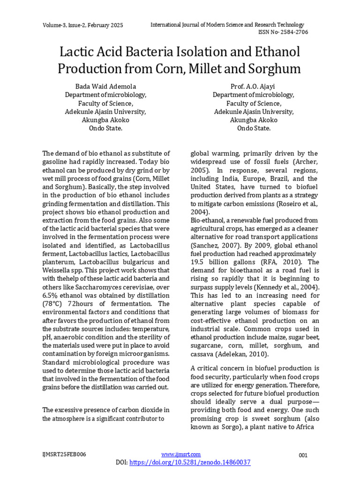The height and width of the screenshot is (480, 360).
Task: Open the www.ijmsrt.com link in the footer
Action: coord(181,454)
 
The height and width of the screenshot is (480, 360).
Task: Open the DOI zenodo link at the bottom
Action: coord(189,462)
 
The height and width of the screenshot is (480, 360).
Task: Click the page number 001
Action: coord(303,455)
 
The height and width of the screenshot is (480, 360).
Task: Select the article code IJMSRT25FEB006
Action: coord(64,454)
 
